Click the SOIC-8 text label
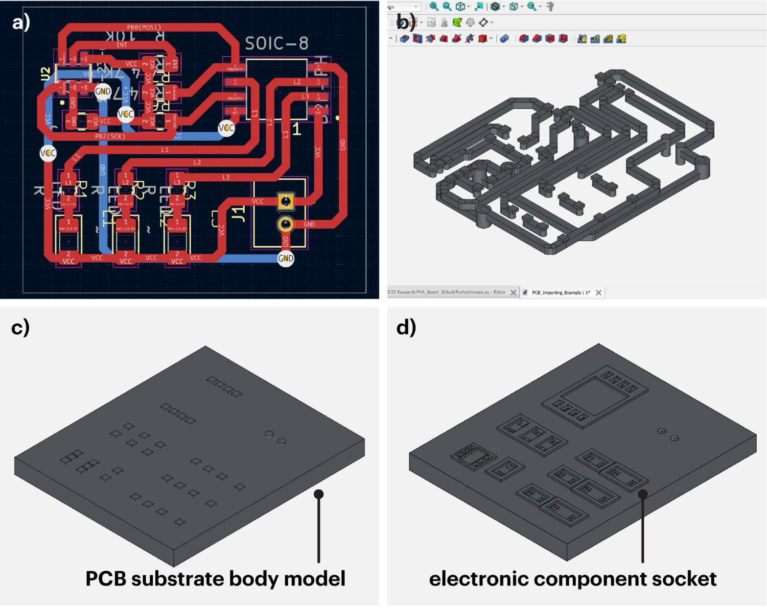pos(277,44)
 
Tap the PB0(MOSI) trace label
pos(144,27)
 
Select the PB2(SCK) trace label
pos(110,136)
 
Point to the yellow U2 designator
pos(46,74)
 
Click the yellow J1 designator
pos(238,214)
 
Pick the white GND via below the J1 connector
pos(286,258)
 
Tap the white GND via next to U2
pos(103,91)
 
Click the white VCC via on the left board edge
pos(48,153)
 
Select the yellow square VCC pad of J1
pos(285,201)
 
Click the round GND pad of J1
pos(285,224)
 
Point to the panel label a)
pos(21,22)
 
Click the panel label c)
pos(20,327)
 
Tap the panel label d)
pos(406,327)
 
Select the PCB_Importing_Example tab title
pos(560,292)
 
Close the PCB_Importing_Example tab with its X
pos(599,292)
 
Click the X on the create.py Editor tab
pos(513,292)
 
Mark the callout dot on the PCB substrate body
pos(319,494)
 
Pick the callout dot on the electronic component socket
pos(643,494)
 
